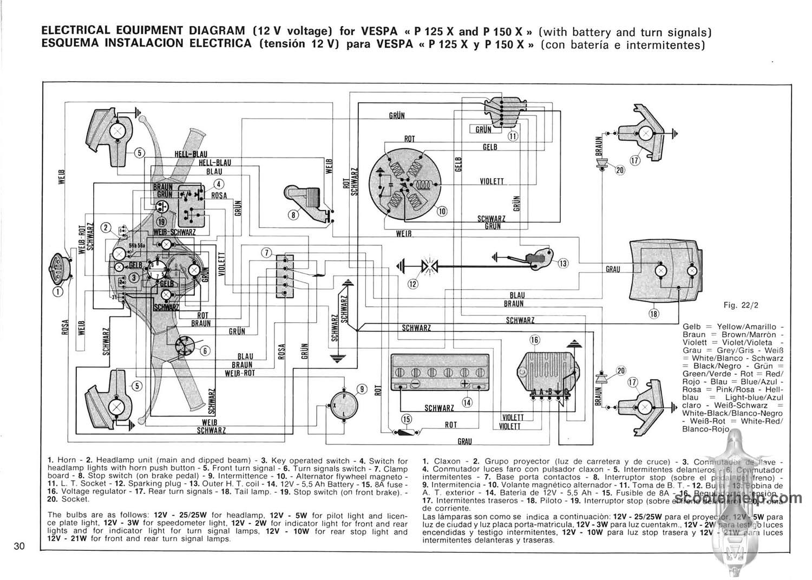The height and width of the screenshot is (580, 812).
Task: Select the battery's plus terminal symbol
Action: click(464, 383)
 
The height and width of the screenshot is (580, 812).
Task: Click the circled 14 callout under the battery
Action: click(467, 402)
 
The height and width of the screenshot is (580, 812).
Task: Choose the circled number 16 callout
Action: click(535, 340)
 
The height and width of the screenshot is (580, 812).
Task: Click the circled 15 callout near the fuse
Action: click(407, 419)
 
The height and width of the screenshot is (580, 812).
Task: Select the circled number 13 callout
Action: click(564, 263)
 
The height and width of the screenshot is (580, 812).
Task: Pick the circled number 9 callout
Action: click(362, 388)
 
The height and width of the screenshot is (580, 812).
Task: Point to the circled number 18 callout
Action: click(653, 313)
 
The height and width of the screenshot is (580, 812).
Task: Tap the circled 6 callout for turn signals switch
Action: click(205, 350)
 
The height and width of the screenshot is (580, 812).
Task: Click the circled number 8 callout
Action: click(293, 214)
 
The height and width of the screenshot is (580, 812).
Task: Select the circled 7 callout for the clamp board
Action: click(266, 253)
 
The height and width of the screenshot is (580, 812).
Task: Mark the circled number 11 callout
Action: click(513, 136)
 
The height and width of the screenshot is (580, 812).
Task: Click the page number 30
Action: click(19, 546)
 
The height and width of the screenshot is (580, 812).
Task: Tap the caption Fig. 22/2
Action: click(741, 305)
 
